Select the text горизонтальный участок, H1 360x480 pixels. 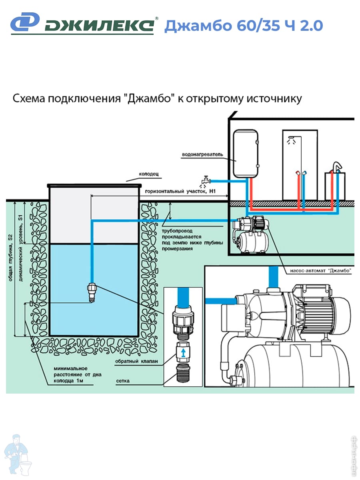coord(180,192)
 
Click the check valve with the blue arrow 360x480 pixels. coord(182,352)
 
